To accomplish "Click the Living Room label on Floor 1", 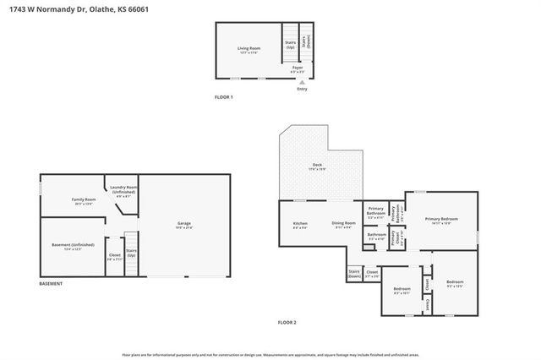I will (x=248, y=50).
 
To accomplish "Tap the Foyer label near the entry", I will (x=298, y=69).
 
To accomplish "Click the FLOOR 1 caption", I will (x=223, y=98).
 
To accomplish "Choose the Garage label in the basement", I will (x=183, y=225).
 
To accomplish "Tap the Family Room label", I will (x=84, y=200).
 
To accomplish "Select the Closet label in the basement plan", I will (x=114, y=256).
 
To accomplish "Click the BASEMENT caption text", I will (x=51, y=284).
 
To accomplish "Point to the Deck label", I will (x=317, y=166).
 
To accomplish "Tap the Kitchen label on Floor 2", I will (x=300, y=226).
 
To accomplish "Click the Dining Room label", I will (x=342, y=226).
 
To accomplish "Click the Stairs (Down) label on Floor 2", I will (x=354, y=274).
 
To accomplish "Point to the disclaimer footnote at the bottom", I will (x=270, y=354).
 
